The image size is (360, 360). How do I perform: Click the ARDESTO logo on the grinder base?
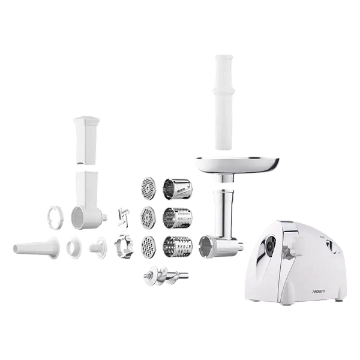pyautogui.click(x=318, y=292)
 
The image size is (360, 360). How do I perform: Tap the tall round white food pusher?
pyautogui.click(x=224, y=103)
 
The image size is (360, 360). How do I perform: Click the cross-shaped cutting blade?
pyautogui.click(x=124, y=217)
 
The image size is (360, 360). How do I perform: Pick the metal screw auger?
pyautogui.click(x=166, y=276)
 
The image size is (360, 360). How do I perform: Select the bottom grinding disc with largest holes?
pyautogui.click(x=148, y=247)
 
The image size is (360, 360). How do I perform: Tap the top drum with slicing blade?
pyautogui.click(x=178, y=190)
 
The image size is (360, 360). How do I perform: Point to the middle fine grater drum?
pyautogui.click(x=178, y=219)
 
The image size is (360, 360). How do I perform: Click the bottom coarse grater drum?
pyautogui.click(x=178, y=247)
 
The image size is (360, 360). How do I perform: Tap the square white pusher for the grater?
pyautogui.click(x=86, y=140)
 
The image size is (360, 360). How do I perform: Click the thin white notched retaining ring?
pyautogui.click(x=55, y=218)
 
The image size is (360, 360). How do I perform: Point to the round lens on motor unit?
pyautogui.click(x=270, y=245)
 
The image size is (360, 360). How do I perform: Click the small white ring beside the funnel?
pyautogui.click(x=74, y=248)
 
